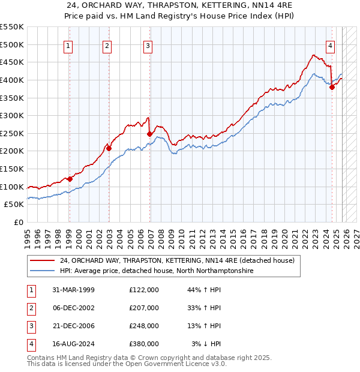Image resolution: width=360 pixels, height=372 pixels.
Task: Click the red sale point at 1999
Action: (x=70, y=179)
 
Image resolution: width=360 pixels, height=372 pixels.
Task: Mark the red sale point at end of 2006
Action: (x=149, y=134)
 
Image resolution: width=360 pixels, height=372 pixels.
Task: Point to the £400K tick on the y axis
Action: (x=12, y=80)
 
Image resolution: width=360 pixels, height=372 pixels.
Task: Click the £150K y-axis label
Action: (x=12, y=169)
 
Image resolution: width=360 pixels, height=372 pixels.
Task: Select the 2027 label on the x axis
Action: (x=355, y=236)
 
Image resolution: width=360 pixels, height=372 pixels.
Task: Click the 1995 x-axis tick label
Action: (x=27, y=236)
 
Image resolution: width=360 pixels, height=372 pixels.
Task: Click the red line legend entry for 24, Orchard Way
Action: (x=176, y=261)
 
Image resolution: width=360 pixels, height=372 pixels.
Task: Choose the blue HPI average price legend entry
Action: (x=156, y=271)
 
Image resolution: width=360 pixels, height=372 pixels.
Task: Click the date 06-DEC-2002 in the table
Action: (x=73, y=308)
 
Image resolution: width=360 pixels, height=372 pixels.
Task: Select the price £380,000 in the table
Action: (x=143, y=344)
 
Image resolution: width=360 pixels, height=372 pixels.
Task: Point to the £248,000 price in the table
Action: (x=143, y=326)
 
